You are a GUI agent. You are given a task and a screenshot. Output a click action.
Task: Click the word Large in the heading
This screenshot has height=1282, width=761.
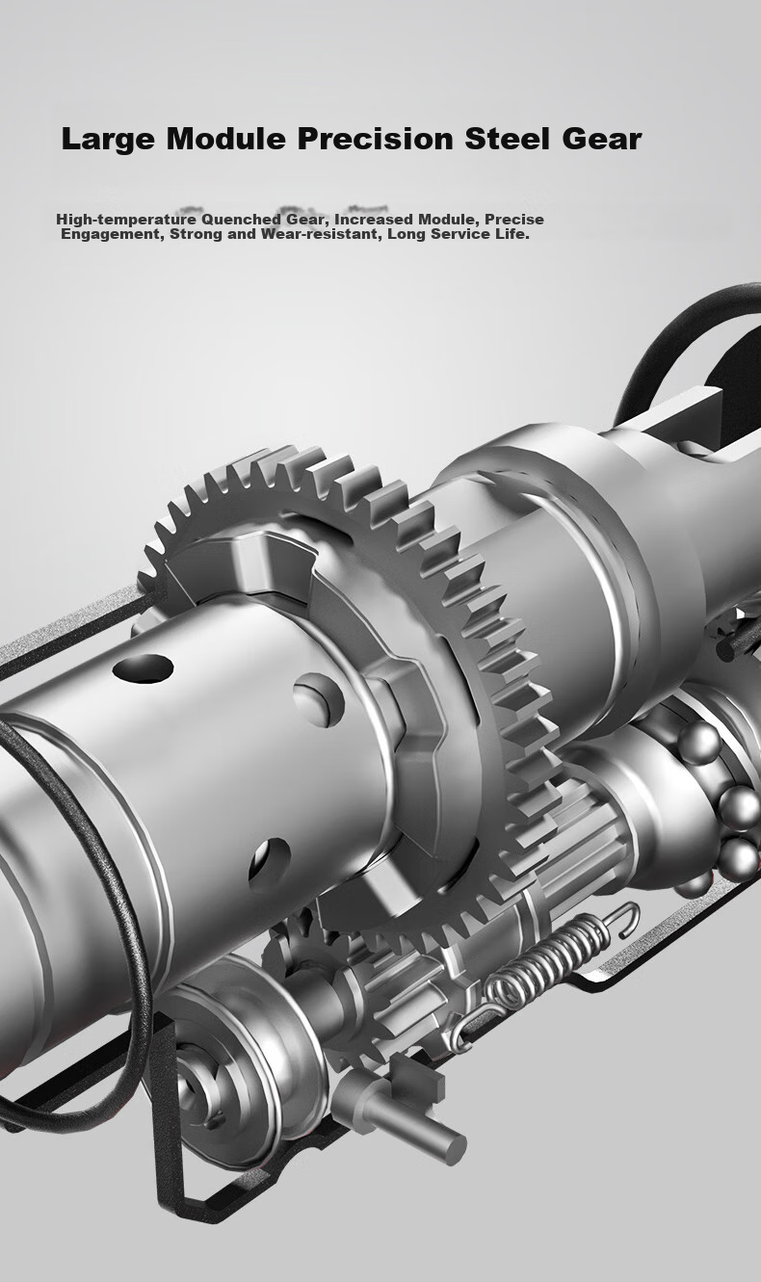click(108, 140)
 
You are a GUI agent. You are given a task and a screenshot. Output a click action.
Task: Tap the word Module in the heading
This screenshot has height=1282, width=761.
click(226, 139)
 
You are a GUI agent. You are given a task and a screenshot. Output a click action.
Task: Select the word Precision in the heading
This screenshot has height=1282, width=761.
click(375, 139)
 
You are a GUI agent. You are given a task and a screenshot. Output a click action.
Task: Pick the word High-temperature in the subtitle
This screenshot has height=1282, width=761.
click(121, 220)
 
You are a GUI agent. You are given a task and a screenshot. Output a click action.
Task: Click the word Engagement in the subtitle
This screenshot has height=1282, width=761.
click(113, 235)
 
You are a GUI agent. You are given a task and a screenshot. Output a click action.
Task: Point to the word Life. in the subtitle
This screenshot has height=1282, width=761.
click(512, 234)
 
